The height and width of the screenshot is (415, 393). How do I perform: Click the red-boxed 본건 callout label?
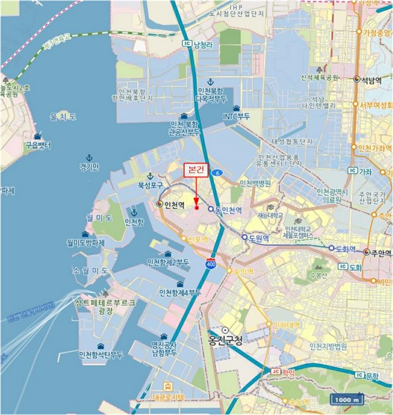[x=196, y=170]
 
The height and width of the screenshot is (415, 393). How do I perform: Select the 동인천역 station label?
[x=228, y=210]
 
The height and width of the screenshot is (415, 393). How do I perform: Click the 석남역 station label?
[x=372, y=79]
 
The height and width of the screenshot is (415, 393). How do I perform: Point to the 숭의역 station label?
[x=242, y=272]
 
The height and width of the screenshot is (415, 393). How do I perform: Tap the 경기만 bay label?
[x=90, y=166]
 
